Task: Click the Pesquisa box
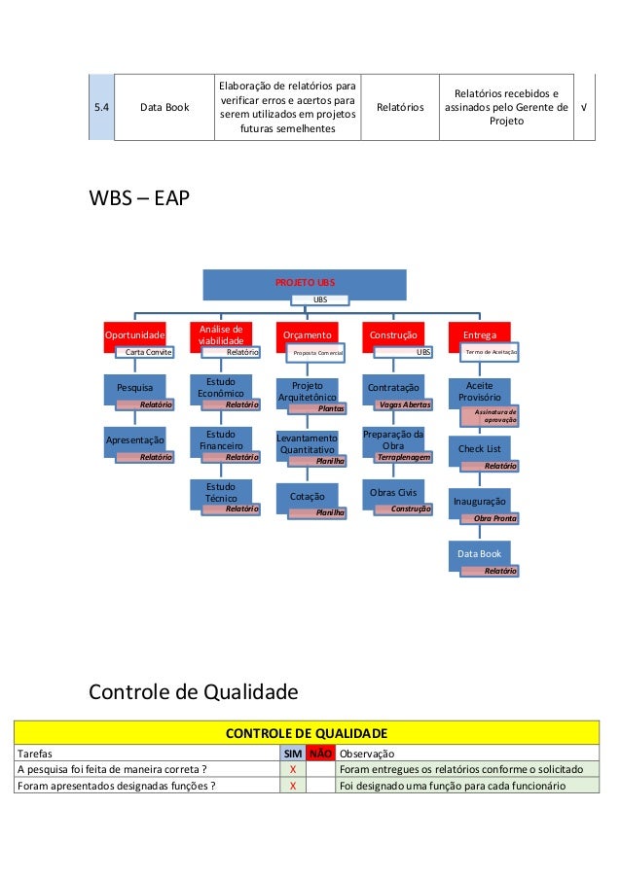135,387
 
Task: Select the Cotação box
306,496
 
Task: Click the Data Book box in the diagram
479,554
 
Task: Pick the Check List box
479,449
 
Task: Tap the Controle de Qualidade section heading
193,691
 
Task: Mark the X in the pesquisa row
293,769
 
